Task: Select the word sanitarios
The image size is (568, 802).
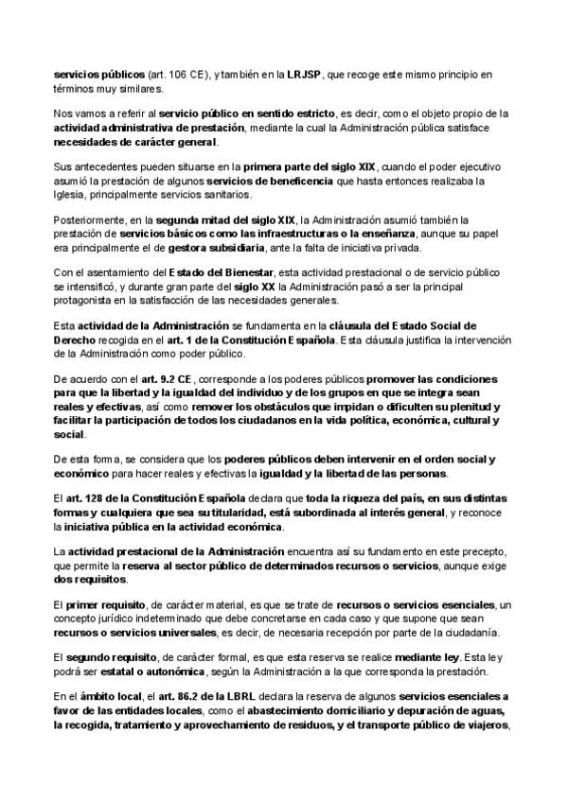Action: coord(224,195)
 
